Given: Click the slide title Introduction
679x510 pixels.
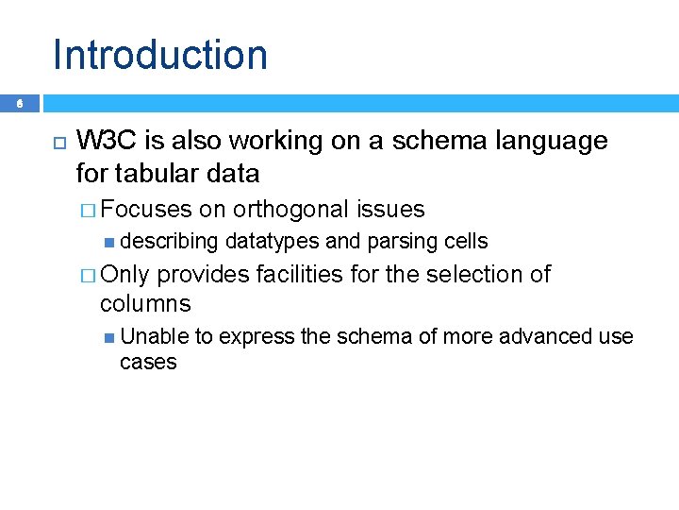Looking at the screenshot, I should (160, 55).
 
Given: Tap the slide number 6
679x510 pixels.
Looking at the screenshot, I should (20, 105).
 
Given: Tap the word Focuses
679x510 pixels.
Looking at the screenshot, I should (146, 210).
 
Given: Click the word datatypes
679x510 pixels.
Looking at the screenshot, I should (273, 242).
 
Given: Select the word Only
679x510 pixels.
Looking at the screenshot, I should (124, 275).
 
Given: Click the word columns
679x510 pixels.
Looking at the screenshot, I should (145, 304).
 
